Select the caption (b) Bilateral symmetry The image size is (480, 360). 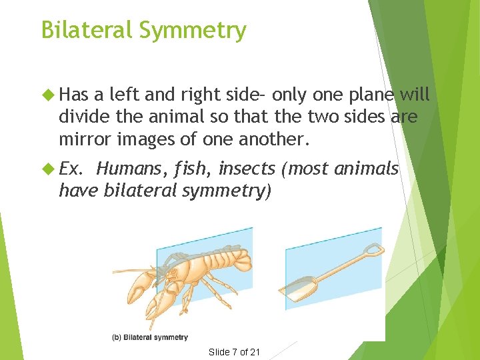click(x=151, y=337)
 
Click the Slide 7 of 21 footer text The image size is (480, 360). click(x=234, y=352)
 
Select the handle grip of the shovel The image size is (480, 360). click(x=374, y=251)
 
